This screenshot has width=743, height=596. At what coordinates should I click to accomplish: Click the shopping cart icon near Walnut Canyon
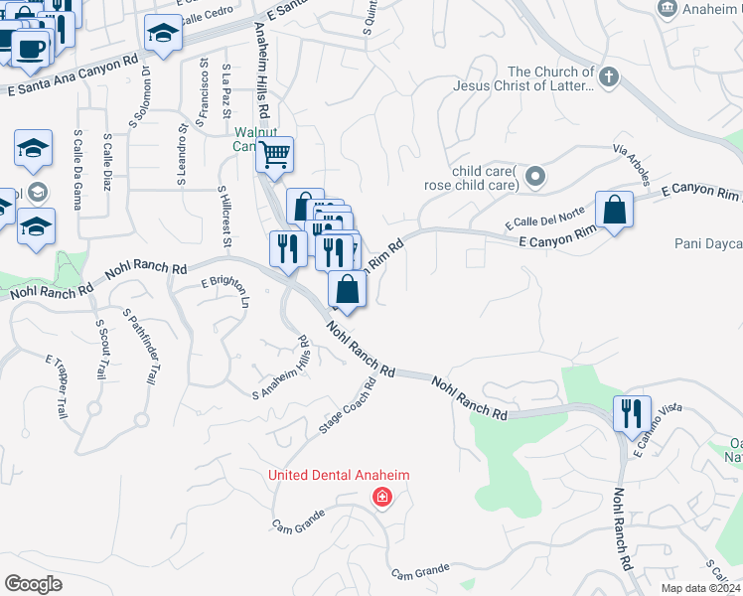coord(274,155)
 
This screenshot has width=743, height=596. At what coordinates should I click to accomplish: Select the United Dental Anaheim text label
coord(339,476)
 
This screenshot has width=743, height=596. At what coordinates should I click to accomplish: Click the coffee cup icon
coord(30,46)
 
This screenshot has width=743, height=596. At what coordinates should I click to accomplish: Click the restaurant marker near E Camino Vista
coord(632,413)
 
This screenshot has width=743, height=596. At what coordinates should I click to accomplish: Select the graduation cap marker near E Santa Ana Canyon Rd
coord(163,36)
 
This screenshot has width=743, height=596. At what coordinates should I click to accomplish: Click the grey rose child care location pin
coord(536,177)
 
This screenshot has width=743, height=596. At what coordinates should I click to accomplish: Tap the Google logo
coord(33,583)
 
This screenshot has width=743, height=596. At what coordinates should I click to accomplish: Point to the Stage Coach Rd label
coord(346,407)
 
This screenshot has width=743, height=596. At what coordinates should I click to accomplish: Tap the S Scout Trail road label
coord(100,348)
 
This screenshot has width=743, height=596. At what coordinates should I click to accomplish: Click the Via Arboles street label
coord(632,163)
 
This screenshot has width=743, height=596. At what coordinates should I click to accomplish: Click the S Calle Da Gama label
coord(77,170)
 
